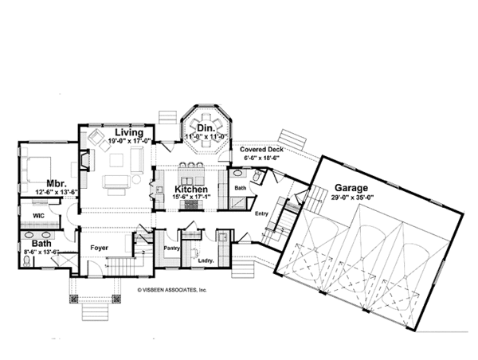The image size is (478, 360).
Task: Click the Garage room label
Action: (351, 188)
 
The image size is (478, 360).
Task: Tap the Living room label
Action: (129, 132)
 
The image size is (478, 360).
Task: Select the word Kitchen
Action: (191, 190)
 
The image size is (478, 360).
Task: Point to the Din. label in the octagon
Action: (206, 129)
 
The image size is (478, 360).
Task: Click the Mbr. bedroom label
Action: (57, 184)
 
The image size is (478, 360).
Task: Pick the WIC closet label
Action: (39, 216)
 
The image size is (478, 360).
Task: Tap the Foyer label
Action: (99, 248)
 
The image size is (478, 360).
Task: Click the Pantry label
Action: (171, 248)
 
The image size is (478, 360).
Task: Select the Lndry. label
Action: (206, 261)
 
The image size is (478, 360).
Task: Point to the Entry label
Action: (261, 213)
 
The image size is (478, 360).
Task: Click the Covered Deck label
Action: (261, 150)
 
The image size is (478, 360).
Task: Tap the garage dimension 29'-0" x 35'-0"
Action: (352, 198)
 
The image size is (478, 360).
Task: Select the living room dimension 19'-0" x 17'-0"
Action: (130, 141)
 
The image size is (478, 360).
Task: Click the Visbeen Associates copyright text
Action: (172, 290)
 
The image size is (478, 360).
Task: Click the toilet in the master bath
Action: (27, 261)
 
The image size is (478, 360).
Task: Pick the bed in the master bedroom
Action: (36, 170)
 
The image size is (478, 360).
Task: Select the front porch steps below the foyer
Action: (95, 311)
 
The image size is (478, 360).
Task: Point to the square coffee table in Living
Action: (117, 160)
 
